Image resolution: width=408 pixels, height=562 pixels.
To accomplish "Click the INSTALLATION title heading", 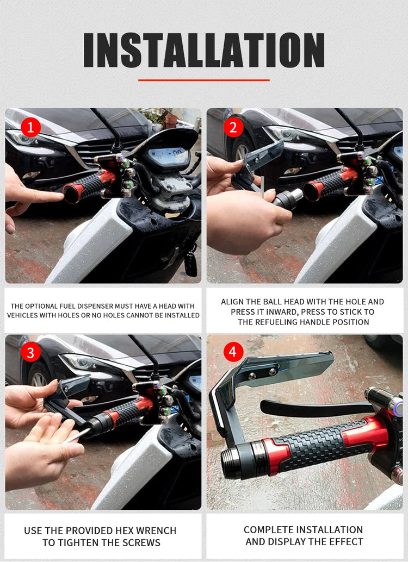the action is click(204, 50).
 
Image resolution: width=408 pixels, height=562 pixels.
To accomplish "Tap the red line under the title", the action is click(204, 80).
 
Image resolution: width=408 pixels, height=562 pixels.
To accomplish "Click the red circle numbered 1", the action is click(30, 128).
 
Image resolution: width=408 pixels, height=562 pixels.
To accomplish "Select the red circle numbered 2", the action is click(233, 128).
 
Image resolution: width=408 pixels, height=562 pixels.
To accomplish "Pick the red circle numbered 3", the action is click(30, 353).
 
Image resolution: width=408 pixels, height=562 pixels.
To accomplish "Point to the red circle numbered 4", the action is click(233, 352).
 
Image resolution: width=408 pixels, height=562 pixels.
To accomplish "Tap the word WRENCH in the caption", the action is click(157, 530).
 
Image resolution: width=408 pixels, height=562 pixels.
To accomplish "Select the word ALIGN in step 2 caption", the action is click(232, 302).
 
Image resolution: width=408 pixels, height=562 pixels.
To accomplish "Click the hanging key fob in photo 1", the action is click(190, 264).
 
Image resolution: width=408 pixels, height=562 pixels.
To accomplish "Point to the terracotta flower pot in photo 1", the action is click(171, 122).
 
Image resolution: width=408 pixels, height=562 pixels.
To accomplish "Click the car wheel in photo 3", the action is click(39, 378).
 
